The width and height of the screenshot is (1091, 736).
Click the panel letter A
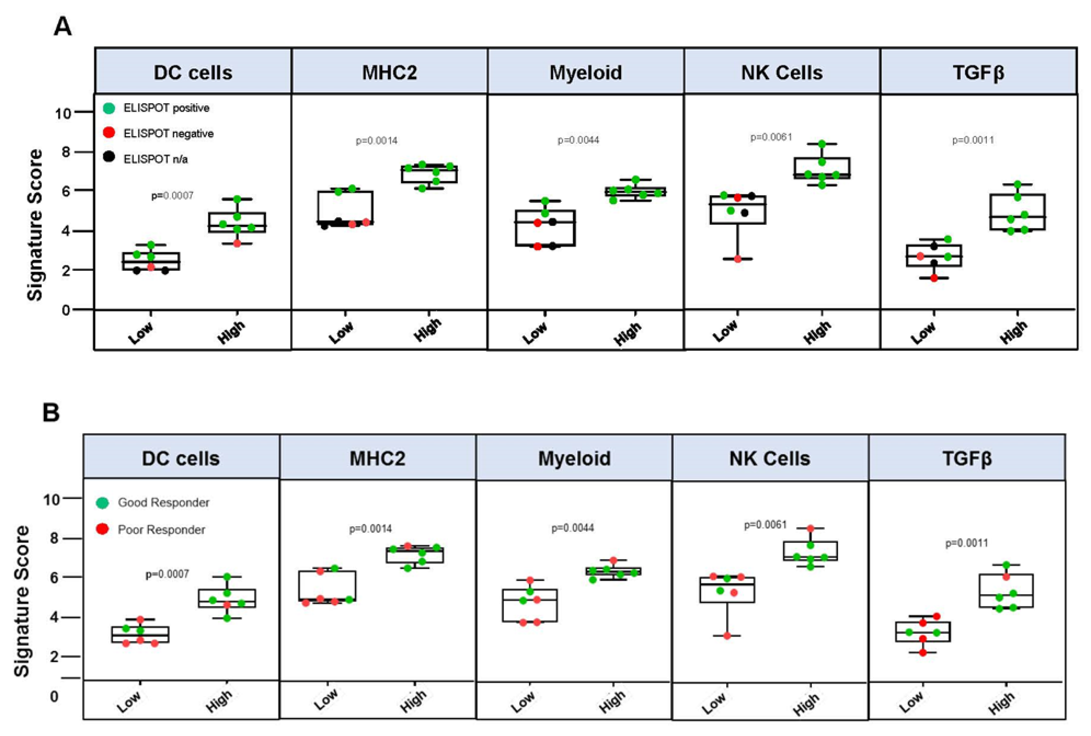tap(63, 27)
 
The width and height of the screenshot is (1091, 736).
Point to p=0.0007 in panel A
tap(172, 196)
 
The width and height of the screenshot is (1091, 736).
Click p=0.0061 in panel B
tap(765, 525)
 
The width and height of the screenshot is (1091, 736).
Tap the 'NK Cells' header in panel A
tap(782, 73)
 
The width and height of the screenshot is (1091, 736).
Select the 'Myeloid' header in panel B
tap(574, 459)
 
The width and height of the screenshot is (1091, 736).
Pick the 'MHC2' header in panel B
tap(377, 459)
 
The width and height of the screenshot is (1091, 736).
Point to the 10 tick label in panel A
tap(63, 113)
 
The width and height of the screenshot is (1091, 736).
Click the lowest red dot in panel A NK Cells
tap(737, 259)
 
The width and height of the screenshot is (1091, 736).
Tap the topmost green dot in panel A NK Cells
tap(822, 144)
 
